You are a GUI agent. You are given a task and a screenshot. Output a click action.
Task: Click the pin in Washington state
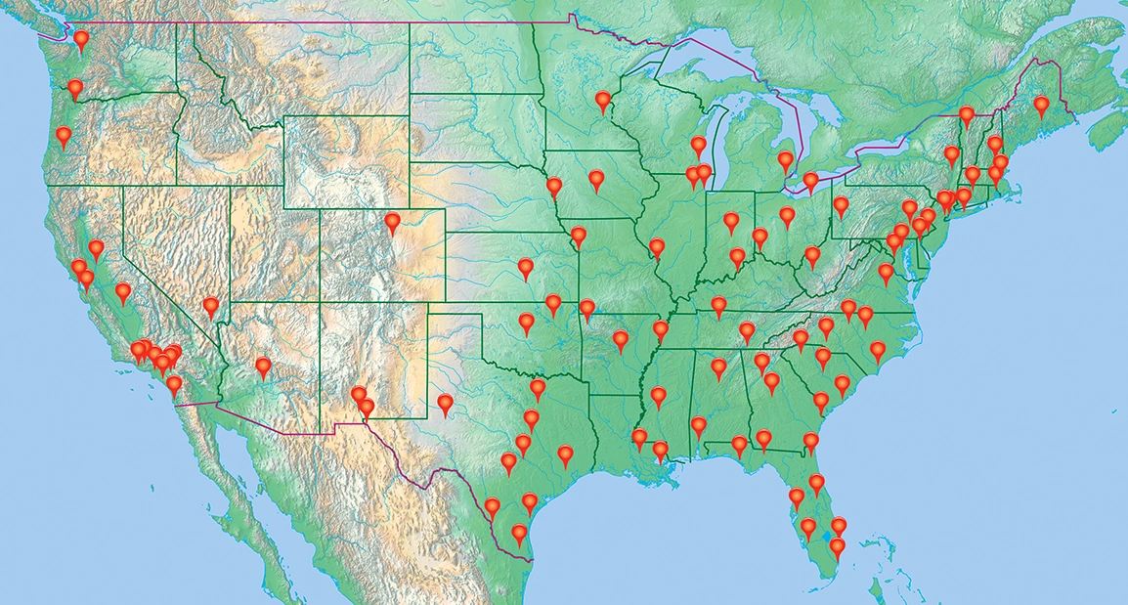(81, 40)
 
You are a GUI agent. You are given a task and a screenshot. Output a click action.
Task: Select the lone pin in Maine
(1041, 105)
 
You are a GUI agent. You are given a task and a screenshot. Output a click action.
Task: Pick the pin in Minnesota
(603, 100)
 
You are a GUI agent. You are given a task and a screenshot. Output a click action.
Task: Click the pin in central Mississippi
(659, 396)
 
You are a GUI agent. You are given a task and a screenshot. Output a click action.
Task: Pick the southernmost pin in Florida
(837, 547)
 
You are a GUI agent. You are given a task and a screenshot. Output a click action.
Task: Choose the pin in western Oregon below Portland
(65, 136)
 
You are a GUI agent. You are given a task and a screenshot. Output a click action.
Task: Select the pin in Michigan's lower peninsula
(786, 161)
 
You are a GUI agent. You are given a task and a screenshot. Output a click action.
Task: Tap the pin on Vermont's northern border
(967, 115)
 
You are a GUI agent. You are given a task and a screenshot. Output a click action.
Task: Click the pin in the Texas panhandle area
(446, 404)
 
